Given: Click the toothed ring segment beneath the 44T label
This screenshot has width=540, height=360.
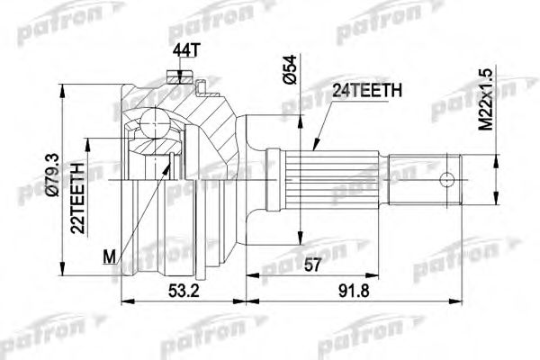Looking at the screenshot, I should pyautogui.click(x=180, y=85).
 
